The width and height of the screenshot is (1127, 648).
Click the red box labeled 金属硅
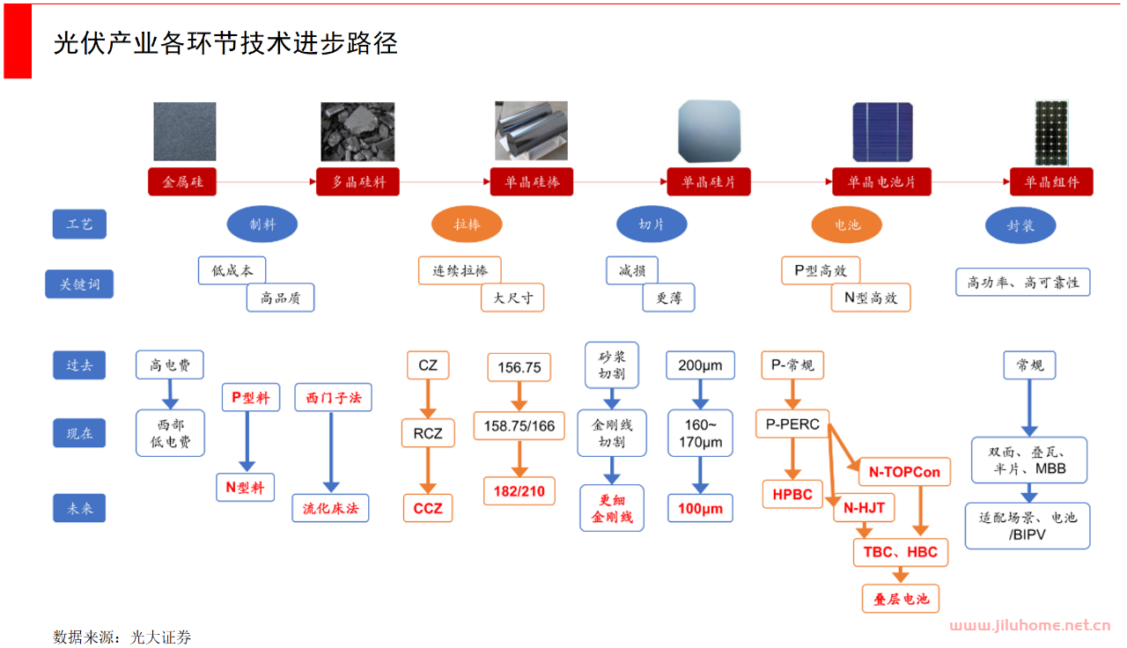tap(182, 182)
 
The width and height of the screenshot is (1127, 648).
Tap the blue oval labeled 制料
tap(262, 225)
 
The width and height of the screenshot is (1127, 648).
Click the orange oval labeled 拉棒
tap(467, 225)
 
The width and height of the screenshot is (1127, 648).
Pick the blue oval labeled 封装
tap(1020, 225)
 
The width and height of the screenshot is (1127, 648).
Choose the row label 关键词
tap(79, 284)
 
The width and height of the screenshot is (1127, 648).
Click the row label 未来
tap(79, 508)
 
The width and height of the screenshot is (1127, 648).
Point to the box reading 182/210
tap(519, 490)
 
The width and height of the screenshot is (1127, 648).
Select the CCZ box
tap(428, 508)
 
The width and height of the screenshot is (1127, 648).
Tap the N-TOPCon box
tap(904, 472)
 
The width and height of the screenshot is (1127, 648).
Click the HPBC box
tap(792, 494)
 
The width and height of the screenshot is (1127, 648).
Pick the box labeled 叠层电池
tap(901, 599)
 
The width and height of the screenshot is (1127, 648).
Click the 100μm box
tap(700, 508)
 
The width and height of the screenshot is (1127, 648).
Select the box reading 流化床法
tap(331, 508)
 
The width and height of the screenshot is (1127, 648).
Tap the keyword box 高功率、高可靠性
tap(1022, 283)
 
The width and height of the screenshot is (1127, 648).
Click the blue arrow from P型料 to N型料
tap(247, 442)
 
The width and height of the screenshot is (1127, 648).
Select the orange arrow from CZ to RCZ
tap(428, 398)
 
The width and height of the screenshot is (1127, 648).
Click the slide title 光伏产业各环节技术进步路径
tap(226, 41)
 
